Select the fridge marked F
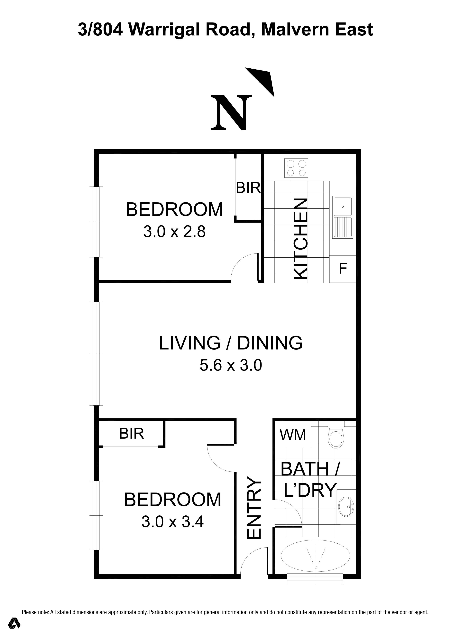pyautogui.click(x=343, y=269)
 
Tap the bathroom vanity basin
pyautogui.click(x=346, y=506)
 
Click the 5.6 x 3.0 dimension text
pyautogui.click(x=231, y=365)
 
